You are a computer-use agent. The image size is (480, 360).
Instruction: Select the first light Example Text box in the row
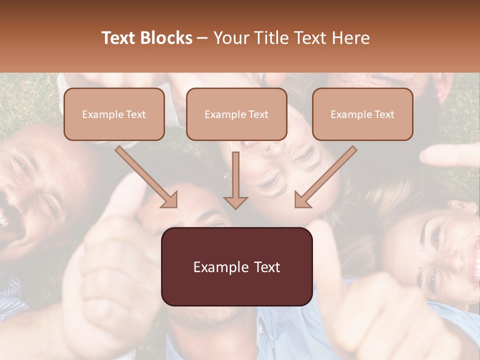(114, 114)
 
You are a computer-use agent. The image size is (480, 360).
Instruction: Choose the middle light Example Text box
(236, 114)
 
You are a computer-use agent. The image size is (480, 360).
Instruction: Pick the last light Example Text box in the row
(362, 114)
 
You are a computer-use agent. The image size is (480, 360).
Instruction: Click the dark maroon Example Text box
(236, 266)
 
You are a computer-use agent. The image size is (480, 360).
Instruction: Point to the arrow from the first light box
(146, 177)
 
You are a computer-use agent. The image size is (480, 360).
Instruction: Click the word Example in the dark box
(220, 267)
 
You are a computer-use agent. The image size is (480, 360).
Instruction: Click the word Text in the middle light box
(258, 114)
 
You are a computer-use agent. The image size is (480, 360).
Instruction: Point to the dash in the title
(202, 38)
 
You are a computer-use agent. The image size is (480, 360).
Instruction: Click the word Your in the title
(230, 38)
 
